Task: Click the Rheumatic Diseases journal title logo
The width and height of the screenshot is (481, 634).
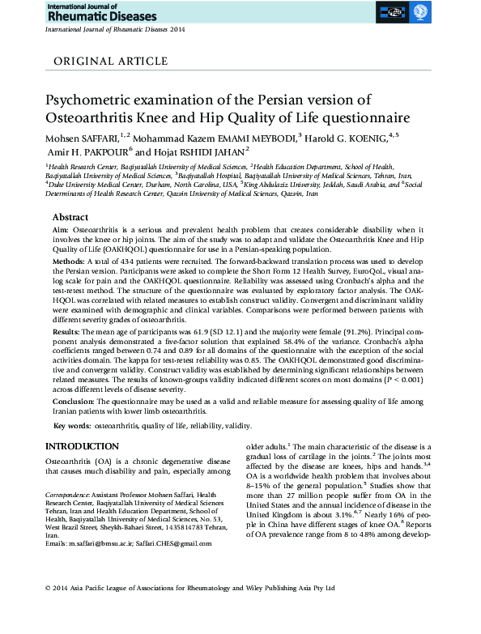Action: [x=83, y=13]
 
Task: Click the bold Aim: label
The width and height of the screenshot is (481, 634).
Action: [x=62, y=232]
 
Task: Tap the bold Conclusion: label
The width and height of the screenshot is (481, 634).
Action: [x=78, y=401]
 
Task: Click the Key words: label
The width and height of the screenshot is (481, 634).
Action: [x=71, y=426]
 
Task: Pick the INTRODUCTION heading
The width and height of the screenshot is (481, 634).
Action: [x=87, y=447]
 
